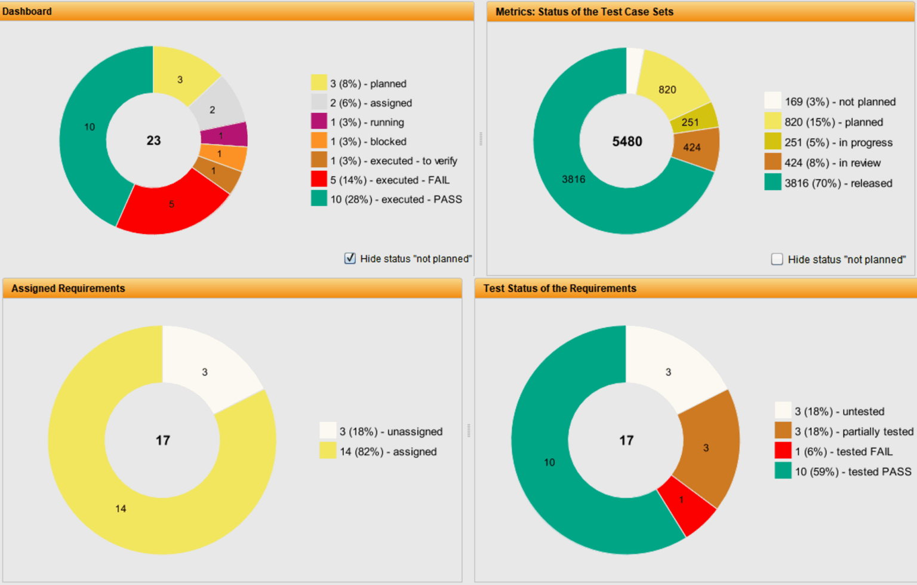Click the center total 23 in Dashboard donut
click(153, 140)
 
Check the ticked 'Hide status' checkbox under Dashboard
click(350, 258)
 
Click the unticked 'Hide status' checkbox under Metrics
click(777, 259)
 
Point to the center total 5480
click(627, 142)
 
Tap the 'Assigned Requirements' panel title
click(68, 288)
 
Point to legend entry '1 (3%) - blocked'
click(368, 142)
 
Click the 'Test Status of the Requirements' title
click(559, 288)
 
